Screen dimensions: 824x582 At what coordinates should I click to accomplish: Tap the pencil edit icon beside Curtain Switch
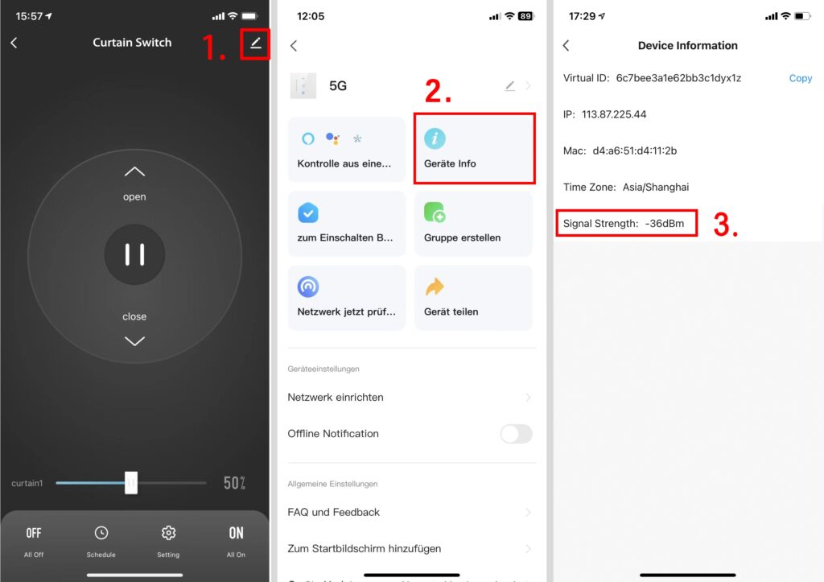(x=255, y=43)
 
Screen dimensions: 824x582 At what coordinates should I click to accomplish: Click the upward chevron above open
(x=134, y=171)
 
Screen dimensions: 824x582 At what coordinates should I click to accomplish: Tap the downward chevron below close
(x=134, y=341)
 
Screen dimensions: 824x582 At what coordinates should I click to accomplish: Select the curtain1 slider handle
(x=131, y=483)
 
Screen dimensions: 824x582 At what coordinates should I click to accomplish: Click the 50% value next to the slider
(x=234, y=483)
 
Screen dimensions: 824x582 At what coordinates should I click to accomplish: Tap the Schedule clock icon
(x=101, y=533)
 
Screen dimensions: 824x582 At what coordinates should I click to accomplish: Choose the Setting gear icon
(x=168, y=533)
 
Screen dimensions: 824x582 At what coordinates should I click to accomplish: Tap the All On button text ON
(x=236, y=533)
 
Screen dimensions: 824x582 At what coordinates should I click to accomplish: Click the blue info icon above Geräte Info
(x=435, y=138)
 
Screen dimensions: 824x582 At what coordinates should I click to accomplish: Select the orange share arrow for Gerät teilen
(x=435, y=287)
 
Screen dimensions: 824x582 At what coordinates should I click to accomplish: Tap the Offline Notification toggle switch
(x=516, y=434)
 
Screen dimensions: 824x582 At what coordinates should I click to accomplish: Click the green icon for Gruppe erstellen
(x=435, y=213)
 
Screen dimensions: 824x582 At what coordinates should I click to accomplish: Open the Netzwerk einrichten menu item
(x=336, y=398)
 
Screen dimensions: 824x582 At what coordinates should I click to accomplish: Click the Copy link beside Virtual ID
(x=801, y=78)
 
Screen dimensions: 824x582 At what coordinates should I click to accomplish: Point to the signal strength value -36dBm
(x=664, y=224)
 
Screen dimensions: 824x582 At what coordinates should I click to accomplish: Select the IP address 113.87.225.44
(x=614, y=114)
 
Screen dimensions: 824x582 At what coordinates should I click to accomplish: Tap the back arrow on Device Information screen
(x=566, y=46)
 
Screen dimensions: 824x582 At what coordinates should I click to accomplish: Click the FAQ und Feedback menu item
(x=333, y=512)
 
